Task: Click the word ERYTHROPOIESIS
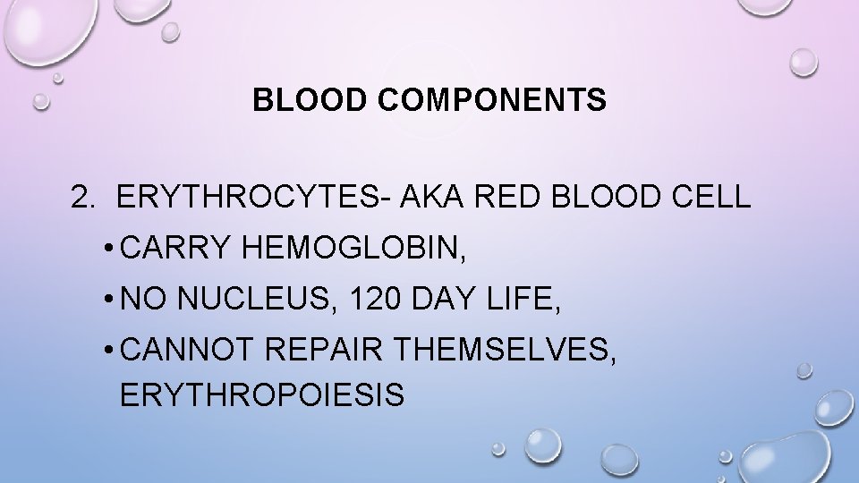[x=261, y=394]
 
